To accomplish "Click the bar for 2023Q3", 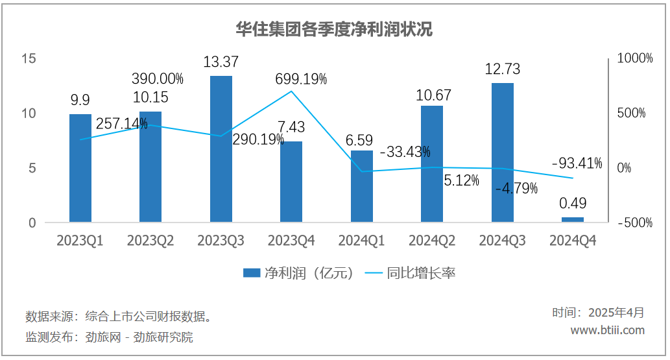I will [x=221, y=149].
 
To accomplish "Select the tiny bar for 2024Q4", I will [x=573, y=220].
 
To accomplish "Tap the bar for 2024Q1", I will [x=362, y=187].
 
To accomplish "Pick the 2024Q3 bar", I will [x=503, y=152].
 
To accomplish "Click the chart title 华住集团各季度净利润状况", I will [x=334, y=30].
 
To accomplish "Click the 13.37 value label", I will [x=221, y=62].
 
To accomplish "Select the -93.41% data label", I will [x=576, y=163].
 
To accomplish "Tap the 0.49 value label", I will [x=573, y=204].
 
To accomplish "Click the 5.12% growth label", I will [x=461, y=180].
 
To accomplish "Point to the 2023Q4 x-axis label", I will [x=291, y=241].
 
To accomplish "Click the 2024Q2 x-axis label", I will [x=432, y=241].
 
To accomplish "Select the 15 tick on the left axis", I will [x=28, y=58].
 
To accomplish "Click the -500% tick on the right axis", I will [x=634, y=223].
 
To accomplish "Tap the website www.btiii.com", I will [x=607, y=330].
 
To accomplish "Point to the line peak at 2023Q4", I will [x=291, y=91].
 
